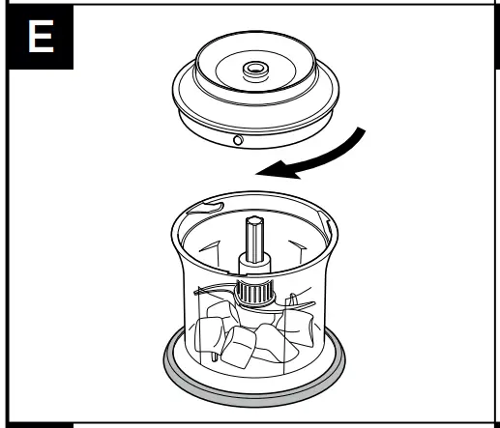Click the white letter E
tap(38, 38)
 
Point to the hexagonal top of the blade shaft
tap(254, 224)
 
